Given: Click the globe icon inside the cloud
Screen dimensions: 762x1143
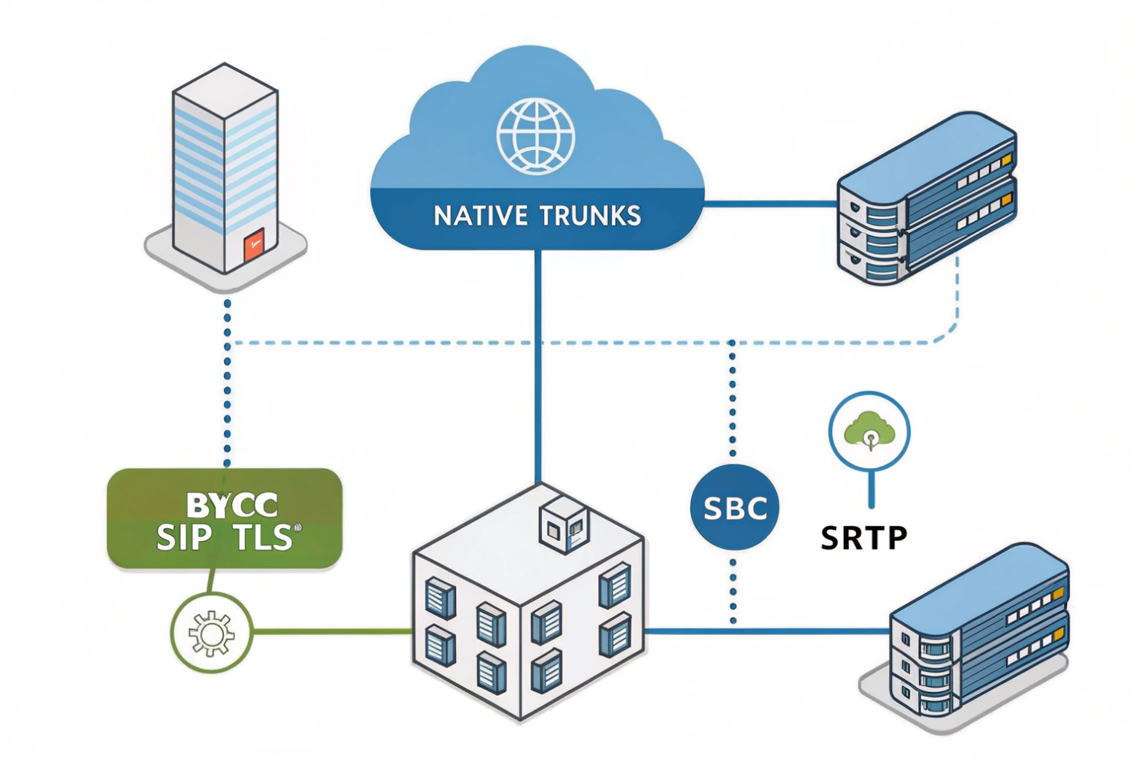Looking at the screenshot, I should pyautogui.click(x=536, y=137).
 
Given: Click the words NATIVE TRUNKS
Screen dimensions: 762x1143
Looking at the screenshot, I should pyautogui.click(x=537, y=216).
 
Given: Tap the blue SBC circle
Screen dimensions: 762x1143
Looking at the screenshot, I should pyautogui.click(x=734, y=508).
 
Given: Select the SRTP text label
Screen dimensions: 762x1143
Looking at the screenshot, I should pyautogui.click(x=863, y=538).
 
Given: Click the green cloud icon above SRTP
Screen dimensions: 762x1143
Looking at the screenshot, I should pyautogui.click(x=869, y=431).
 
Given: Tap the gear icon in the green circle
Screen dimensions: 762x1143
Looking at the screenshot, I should pyautogui.click(x=211, y=633).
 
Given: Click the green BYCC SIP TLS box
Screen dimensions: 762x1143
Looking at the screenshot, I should pyautogui.click(x=225, y=519).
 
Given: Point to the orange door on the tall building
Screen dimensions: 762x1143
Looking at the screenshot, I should pyautogui.click(x=254, y=246).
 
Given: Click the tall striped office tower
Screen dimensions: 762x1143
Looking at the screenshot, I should pyautogui.click(x=225, y=165).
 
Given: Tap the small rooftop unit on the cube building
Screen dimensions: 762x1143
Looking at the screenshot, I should pyautogui.click(x=564, y=525).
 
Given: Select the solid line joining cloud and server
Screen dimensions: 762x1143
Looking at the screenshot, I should pyautogui.click(x=770, y=203).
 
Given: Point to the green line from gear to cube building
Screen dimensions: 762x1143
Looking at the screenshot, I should pyautogui.click(x=331, y=632).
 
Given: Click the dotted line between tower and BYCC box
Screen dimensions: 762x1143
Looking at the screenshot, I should pyautogui.click(x=228, y=383).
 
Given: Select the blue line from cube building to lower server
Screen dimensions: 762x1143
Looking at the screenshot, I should pyautogui.click(x=767, y=631).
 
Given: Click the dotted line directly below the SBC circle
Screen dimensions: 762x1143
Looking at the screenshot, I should pyautogui.click(x=733, y=586).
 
